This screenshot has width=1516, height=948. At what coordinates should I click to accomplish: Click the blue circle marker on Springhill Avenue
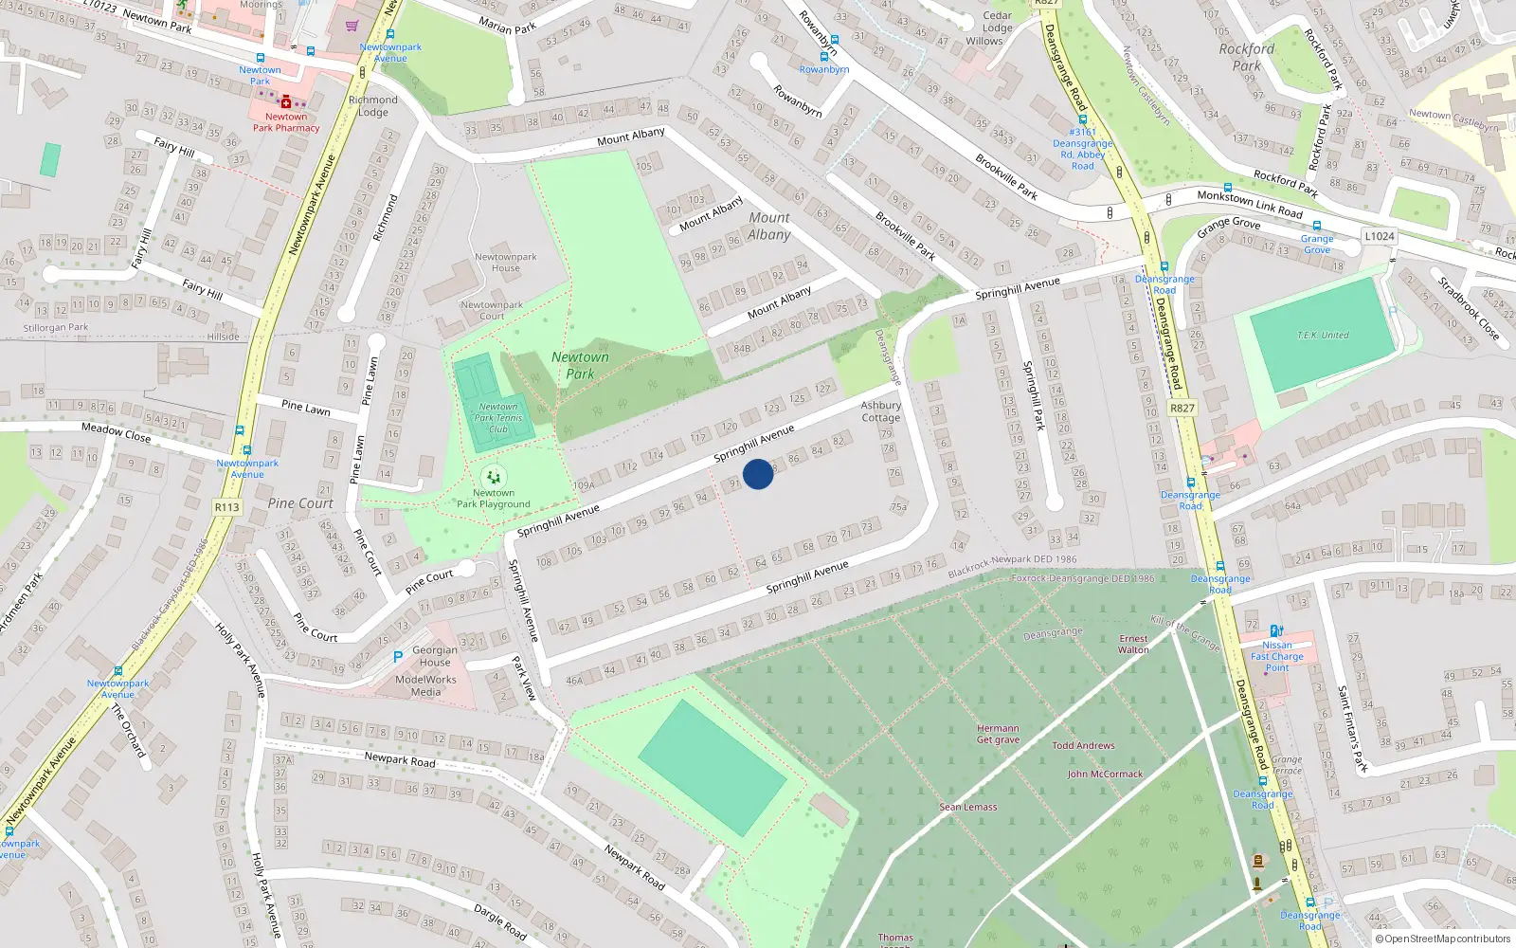click(x=758, y=474)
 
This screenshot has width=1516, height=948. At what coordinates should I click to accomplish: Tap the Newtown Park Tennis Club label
click(x=498, y=418)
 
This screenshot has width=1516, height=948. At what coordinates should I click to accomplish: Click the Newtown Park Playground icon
click(x=493, y=477)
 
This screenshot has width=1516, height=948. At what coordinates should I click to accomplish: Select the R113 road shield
click(x=227, y=507)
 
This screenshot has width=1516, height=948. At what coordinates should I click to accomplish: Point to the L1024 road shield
click(x=1380, y=236)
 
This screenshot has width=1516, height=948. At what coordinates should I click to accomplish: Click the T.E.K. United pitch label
click(x=1323, y=336)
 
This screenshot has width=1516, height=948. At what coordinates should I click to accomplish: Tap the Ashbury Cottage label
click(x=880, y=411)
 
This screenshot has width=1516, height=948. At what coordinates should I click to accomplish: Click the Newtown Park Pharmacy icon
click(x=286, y=102)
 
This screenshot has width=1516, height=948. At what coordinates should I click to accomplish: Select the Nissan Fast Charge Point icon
click(x=1276, y=630)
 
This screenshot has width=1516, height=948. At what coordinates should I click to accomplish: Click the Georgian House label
click(x=435, y=656)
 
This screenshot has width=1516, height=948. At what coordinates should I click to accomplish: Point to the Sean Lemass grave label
click(x=967, y=808)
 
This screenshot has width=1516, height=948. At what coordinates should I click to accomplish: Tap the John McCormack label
click(x=1105, y=775)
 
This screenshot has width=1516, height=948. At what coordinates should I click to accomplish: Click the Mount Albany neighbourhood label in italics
click(x=768, y=227)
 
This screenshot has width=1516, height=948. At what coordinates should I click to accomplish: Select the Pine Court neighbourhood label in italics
click(x=300, y=503)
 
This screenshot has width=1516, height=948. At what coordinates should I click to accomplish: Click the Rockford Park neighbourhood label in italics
click(x=1247, y=57)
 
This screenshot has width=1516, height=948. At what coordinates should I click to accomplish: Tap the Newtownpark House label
click(x=505, y=263)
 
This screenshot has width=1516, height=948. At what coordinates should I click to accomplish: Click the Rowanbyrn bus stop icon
click(x=823, y=57)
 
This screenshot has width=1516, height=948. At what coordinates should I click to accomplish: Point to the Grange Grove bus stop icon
click(x=1317, y=227)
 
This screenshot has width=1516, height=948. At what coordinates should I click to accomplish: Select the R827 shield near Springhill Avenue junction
click(x=1182, y=409)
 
